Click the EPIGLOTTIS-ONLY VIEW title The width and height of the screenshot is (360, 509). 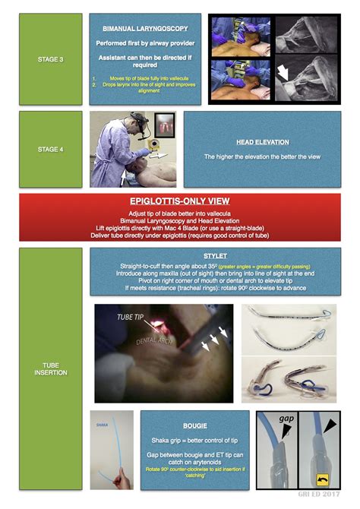[x=179, y=201]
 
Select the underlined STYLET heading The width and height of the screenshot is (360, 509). [x=215, y=257]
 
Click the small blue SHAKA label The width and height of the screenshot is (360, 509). [x=101, y=425]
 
